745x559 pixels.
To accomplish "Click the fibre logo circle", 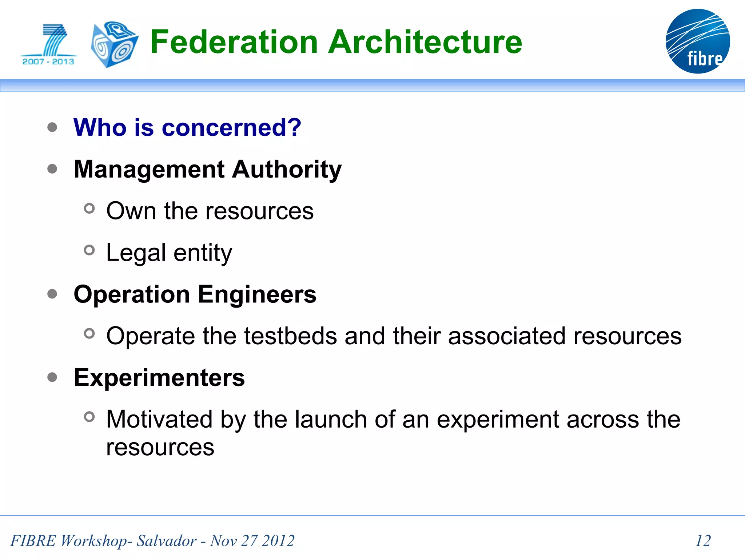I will coord(697,41).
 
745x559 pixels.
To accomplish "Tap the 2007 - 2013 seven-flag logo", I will coord(49,45).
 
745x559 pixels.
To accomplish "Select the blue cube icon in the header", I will coord(114,44).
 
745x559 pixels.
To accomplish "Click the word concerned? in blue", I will coord(231,128).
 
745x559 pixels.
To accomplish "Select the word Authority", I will coord(287,169).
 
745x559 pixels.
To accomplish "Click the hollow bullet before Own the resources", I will coord(89,209).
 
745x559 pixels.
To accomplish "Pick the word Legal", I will coord(136,253).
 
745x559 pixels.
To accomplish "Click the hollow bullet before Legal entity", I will coord(89,250).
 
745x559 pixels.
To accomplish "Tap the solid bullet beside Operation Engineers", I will coord(52,294).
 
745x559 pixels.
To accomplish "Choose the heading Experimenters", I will coord(159,377).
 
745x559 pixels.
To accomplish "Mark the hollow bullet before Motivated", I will coord(89,417).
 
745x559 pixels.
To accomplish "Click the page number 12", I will coord(703,540).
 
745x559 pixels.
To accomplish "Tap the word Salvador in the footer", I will coord(166,541).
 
